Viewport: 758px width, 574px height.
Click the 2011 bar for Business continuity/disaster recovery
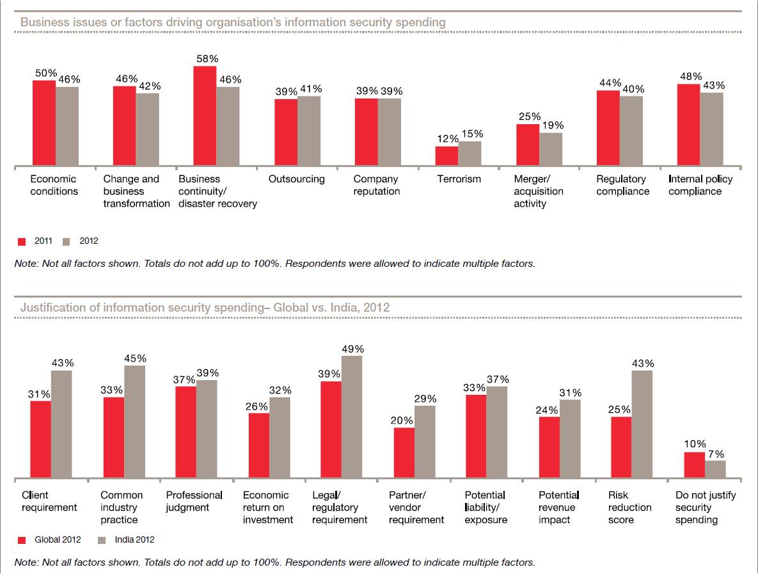(205, 117)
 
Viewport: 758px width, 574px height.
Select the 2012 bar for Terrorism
(470, 154)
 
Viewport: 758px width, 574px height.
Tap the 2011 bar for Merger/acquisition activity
(528, 146)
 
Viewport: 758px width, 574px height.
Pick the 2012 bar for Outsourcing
(309, 132)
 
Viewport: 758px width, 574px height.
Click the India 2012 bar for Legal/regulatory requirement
(352, 417)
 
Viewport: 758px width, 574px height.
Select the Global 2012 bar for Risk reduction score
(621, 448)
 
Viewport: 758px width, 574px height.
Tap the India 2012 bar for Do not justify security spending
(715, 470)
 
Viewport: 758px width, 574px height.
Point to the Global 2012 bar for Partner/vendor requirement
(404, 453)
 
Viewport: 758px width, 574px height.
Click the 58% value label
(205, 58)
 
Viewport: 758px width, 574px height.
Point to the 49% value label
(352, 349)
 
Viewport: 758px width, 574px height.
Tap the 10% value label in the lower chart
(694, 444)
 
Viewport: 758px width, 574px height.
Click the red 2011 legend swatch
(21, 242)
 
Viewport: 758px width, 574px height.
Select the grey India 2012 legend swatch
(102, 540)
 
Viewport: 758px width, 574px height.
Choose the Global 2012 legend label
(58, 539)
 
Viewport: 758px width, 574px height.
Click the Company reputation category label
(377, 185)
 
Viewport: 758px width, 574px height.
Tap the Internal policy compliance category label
(700, 185)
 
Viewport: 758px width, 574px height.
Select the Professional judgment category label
(194, 501)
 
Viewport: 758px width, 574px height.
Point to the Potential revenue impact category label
(559, 507)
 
